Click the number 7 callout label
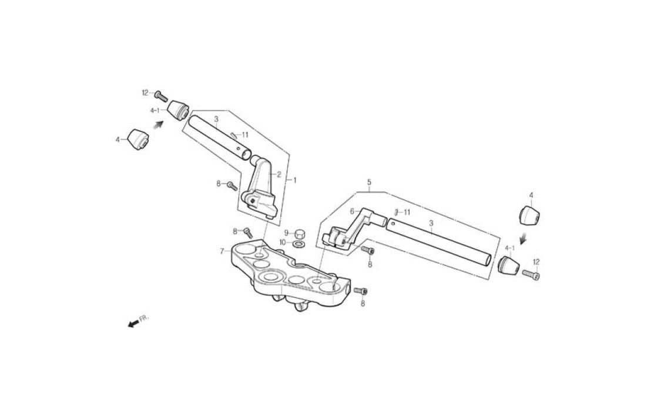pos(222,251)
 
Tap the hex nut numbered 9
pos(300,234)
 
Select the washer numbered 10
pos(298,244)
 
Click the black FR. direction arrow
pos(133,323)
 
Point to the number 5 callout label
pos(369,182)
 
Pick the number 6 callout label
pos(352,211)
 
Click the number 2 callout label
pos(279,175)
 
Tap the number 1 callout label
pos(293,181)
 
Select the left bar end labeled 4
pos(138,139)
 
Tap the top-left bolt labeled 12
pos(161,97)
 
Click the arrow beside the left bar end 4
pos(159,125)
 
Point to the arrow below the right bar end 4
pos(522,238)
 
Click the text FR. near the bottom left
pos(144,318)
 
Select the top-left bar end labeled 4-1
pos(177,111)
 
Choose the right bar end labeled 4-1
pos(508,265)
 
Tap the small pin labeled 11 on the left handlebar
pos(234,135)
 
